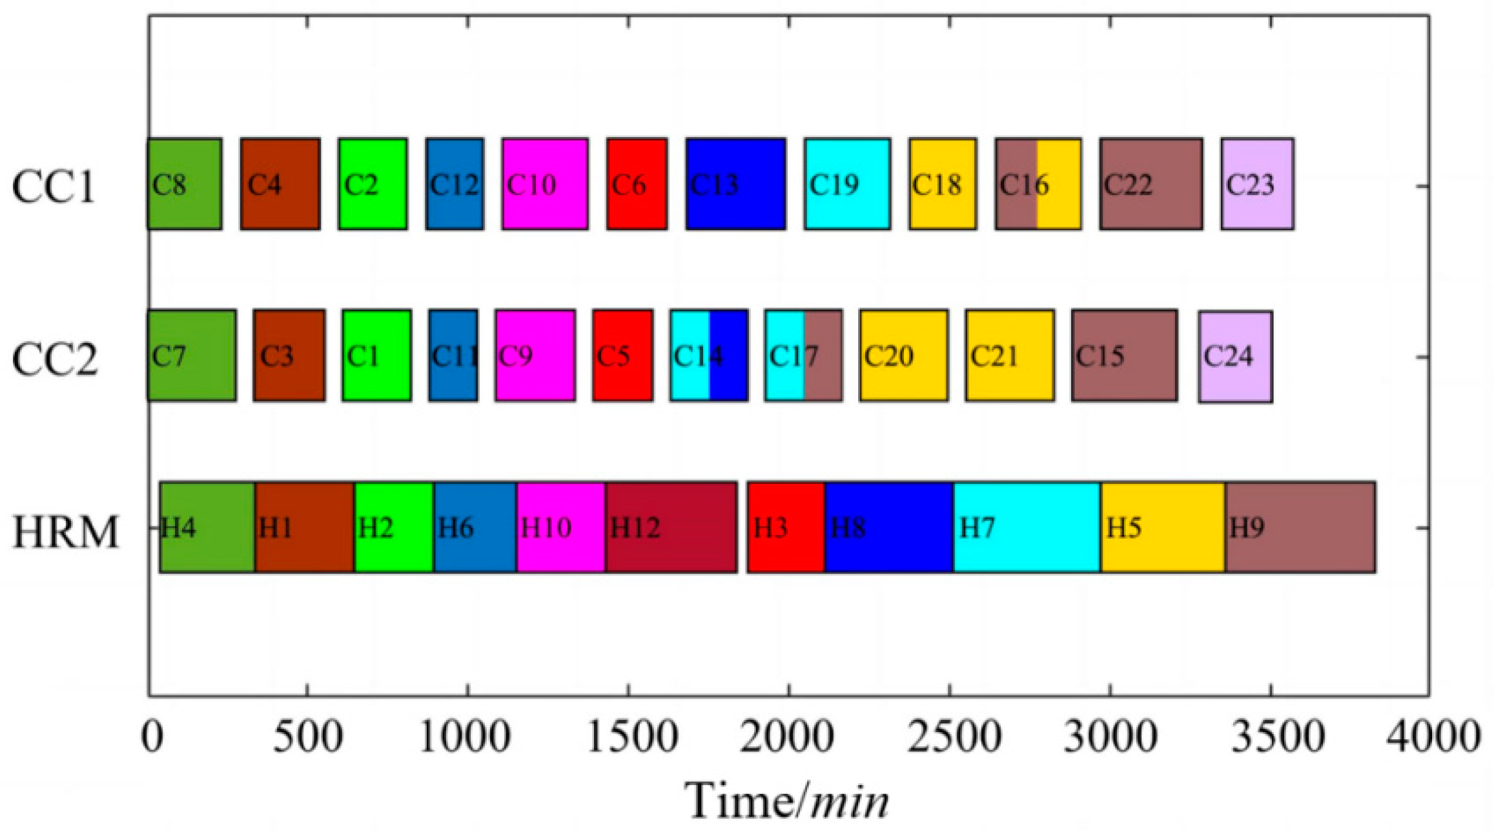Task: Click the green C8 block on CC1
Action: click(x=185, y=184)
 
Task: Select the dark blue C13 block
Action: click(x=736, y=184)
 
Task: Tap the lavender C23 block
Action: click(x=1257, y=184)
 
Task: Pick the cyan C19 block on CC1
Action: click(x=847, y=184)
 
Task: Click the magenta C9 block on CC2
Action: click(x=535, y=355)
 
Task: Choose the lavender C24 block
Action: click(x=1236, y=357)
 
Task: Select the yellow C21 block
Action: click(x=1010, y=355)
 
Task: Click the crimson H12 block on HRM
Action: click(x=671, y=527)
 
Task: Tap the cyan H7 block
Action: click(x=1027, y=527)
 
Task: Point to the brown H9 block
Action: click(x=1300, y=527)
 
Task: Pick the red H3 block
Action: click(x=786, y=527)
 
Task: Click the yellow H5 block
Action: click(x=1163, y=527)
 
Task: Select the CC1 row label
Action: click(x=54, y=186)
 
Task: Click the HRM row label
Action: click(x=65, y=532)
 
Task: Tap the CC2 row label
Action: click(x=55, y=359)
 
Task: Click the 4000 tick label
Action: click(x=1433, y=737)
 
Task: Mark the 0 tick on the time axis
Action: click(x=152, y=737)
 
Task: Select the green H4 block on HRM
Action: click(x=207, y=527)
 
